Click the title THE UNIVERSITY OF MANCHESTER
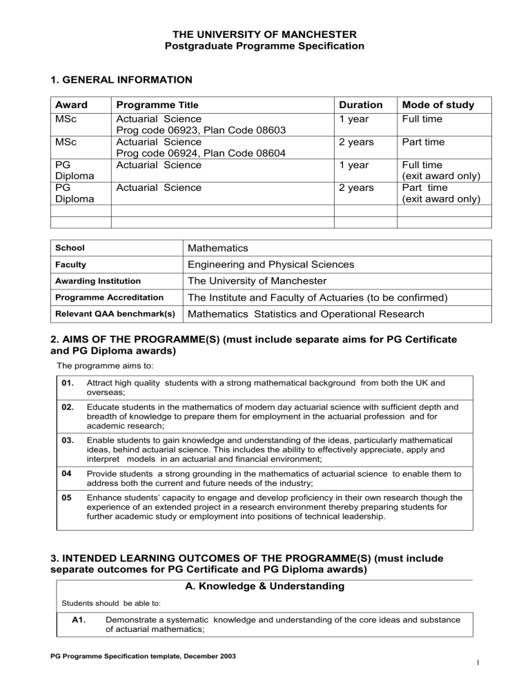click(264, 34)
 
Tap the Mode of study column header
click(438, 105)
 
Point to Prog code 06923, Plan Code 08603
click(202, 131)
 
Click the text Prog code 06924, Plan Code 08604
click(202, 154)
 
